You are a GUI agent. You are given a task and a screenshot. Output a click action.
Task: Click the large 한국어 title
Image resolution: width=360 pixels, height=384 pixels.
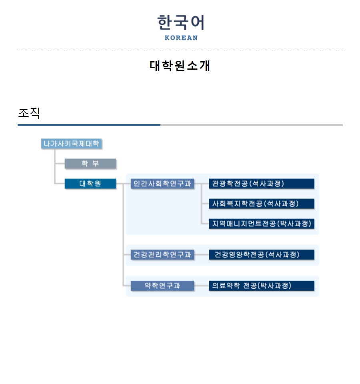coord(181,22)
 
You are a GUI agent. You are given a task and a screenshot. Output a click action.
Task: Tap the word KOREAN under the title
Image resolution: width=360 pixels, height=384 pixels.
coord(181,38)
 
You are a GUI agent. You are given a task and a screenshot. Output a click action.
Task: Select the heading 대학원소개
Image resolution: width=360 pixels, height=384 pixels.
coord(180,66)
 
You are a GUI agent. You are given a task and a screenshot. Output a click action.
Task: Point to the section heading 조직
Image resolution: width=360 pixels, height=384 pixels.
coord(29,113)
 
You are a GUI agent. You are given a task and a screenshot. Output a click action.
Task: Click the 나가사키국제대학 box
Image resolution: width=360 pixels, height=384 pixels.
coord(71,143)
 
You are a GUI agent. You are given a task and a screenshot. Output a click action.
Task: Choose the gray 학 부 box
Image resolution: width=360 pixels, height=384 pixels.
coord(90,164)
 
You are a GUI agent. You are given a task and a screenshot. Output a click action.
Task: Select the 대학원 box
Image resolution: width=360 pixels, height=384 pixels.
coord(90,184)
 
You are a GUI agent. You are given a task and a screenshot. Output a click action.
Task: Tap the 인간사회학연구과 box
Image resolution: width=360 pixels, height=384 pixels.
coord(162,184)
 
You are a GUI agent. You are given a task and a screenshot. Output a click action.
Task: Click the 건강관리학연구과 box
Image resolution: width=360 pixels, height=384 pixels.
coord(162,255)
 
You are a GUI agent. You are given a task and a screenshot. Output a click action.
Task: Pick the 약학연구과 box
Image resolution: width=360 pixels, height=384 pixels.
coord(162,286)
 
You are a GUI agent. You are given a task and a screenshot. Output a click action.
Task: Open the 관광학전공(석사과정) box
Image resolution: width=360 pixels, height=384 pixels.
coord(262,184)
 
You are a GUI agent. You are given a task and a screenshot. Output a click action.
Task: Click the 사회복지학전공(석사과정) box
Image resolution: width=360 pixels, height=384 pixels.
coord(262,204)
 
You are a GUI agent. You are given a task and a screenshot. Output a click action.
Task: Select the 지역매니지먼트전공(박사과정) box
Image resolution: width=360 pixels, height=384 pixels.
coord(262,223)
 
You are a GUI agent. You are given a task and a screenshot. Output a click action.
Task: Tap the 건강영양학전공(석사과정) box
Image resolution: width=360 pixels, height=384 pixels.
coord(262,255)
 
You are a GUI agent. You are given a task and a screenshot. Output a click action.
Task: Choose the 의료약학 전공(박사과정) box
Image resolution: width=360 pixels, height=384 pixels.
coord(262,286)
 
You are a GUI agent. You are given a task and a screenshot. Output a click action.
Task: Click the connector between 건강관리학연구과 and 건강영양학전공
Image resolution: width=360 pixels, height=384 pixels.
coord(202,255)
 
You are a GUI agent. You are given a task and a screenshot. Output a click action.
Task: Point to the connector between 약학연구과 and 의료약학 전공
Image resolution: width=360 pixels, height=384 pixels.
coord(202,286)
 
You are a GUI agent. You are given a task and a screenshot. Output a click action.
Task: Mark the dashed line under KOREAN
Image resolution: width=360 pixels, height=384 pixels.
coord(180,51)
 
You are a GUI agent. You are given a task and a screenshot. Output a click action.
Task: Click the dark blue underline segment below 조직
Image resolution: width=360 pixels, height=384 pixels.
coord(89,125)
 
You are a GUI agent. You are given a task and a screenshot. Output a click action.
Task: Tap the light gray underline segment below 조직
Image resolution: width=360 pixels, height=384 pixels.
coord(252,125)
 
